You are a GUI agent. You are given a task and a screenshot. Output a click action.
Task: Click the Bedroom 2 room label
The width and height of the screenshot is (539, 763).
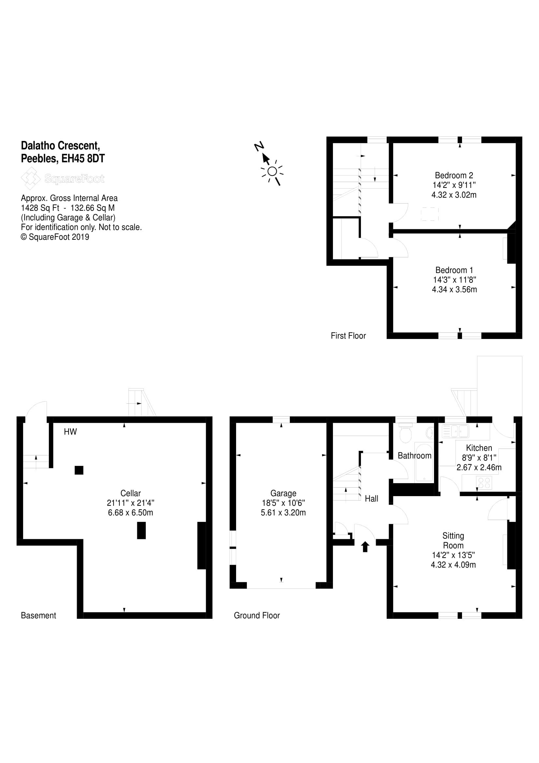(x=454, y=175)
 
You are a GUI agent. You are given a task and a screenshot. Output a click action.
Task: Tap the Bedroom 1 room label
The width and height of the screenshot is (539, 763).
(x=454, y=270)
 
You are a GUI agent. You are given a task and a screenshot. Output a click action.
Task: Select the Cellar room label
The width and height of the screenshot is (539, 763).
(x=130, y=493)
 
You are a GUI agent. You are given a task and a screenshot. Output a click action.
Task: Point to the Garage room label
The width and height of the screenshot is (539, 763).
(x=283, y=493)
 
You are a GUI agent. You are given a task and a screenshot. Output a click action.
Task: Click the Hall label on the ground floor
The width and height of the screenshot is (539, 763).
(x=371, y=498)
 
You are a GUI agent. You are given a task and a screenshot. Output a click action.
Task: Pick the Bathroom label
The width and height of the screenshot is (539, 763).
(x=414, y=456)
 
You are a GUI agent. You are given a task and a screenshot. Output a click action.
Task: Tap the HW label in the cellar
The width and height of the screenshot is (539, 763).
(x=70, y=432)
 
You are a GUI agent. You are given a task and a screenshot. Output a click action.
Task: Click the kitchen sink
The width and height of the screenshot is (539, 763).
(x=455, y=431)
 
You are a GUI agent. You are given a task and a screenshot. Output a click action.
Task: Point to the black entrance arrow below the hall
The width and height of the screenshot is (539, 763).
(x=365, y=546)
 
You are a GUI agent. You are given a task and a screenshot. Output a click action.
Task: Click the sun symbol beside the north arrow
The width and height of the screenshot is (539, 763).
(x=272, y=172)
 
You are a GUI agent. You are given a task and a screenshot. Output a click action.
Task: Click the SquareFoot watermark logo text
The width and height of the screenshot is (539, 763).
(x=74, y=179)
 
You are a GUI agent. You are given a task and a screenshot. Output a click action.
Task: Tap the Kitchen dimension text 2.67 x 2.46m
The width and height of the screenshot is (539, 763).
(x=479, y=467)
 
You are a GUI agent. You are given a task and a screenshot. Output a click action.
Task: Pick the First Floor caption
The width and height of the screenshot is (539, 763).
(x=348, y=336)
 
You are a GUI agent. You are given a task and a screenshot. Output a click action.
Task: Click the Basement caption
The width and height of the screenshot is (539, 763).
(x=38, y=616)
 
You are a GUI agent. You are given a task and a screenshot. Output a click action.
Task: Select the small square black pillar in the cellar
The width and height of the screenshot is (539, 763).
(x=79, y=470)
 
